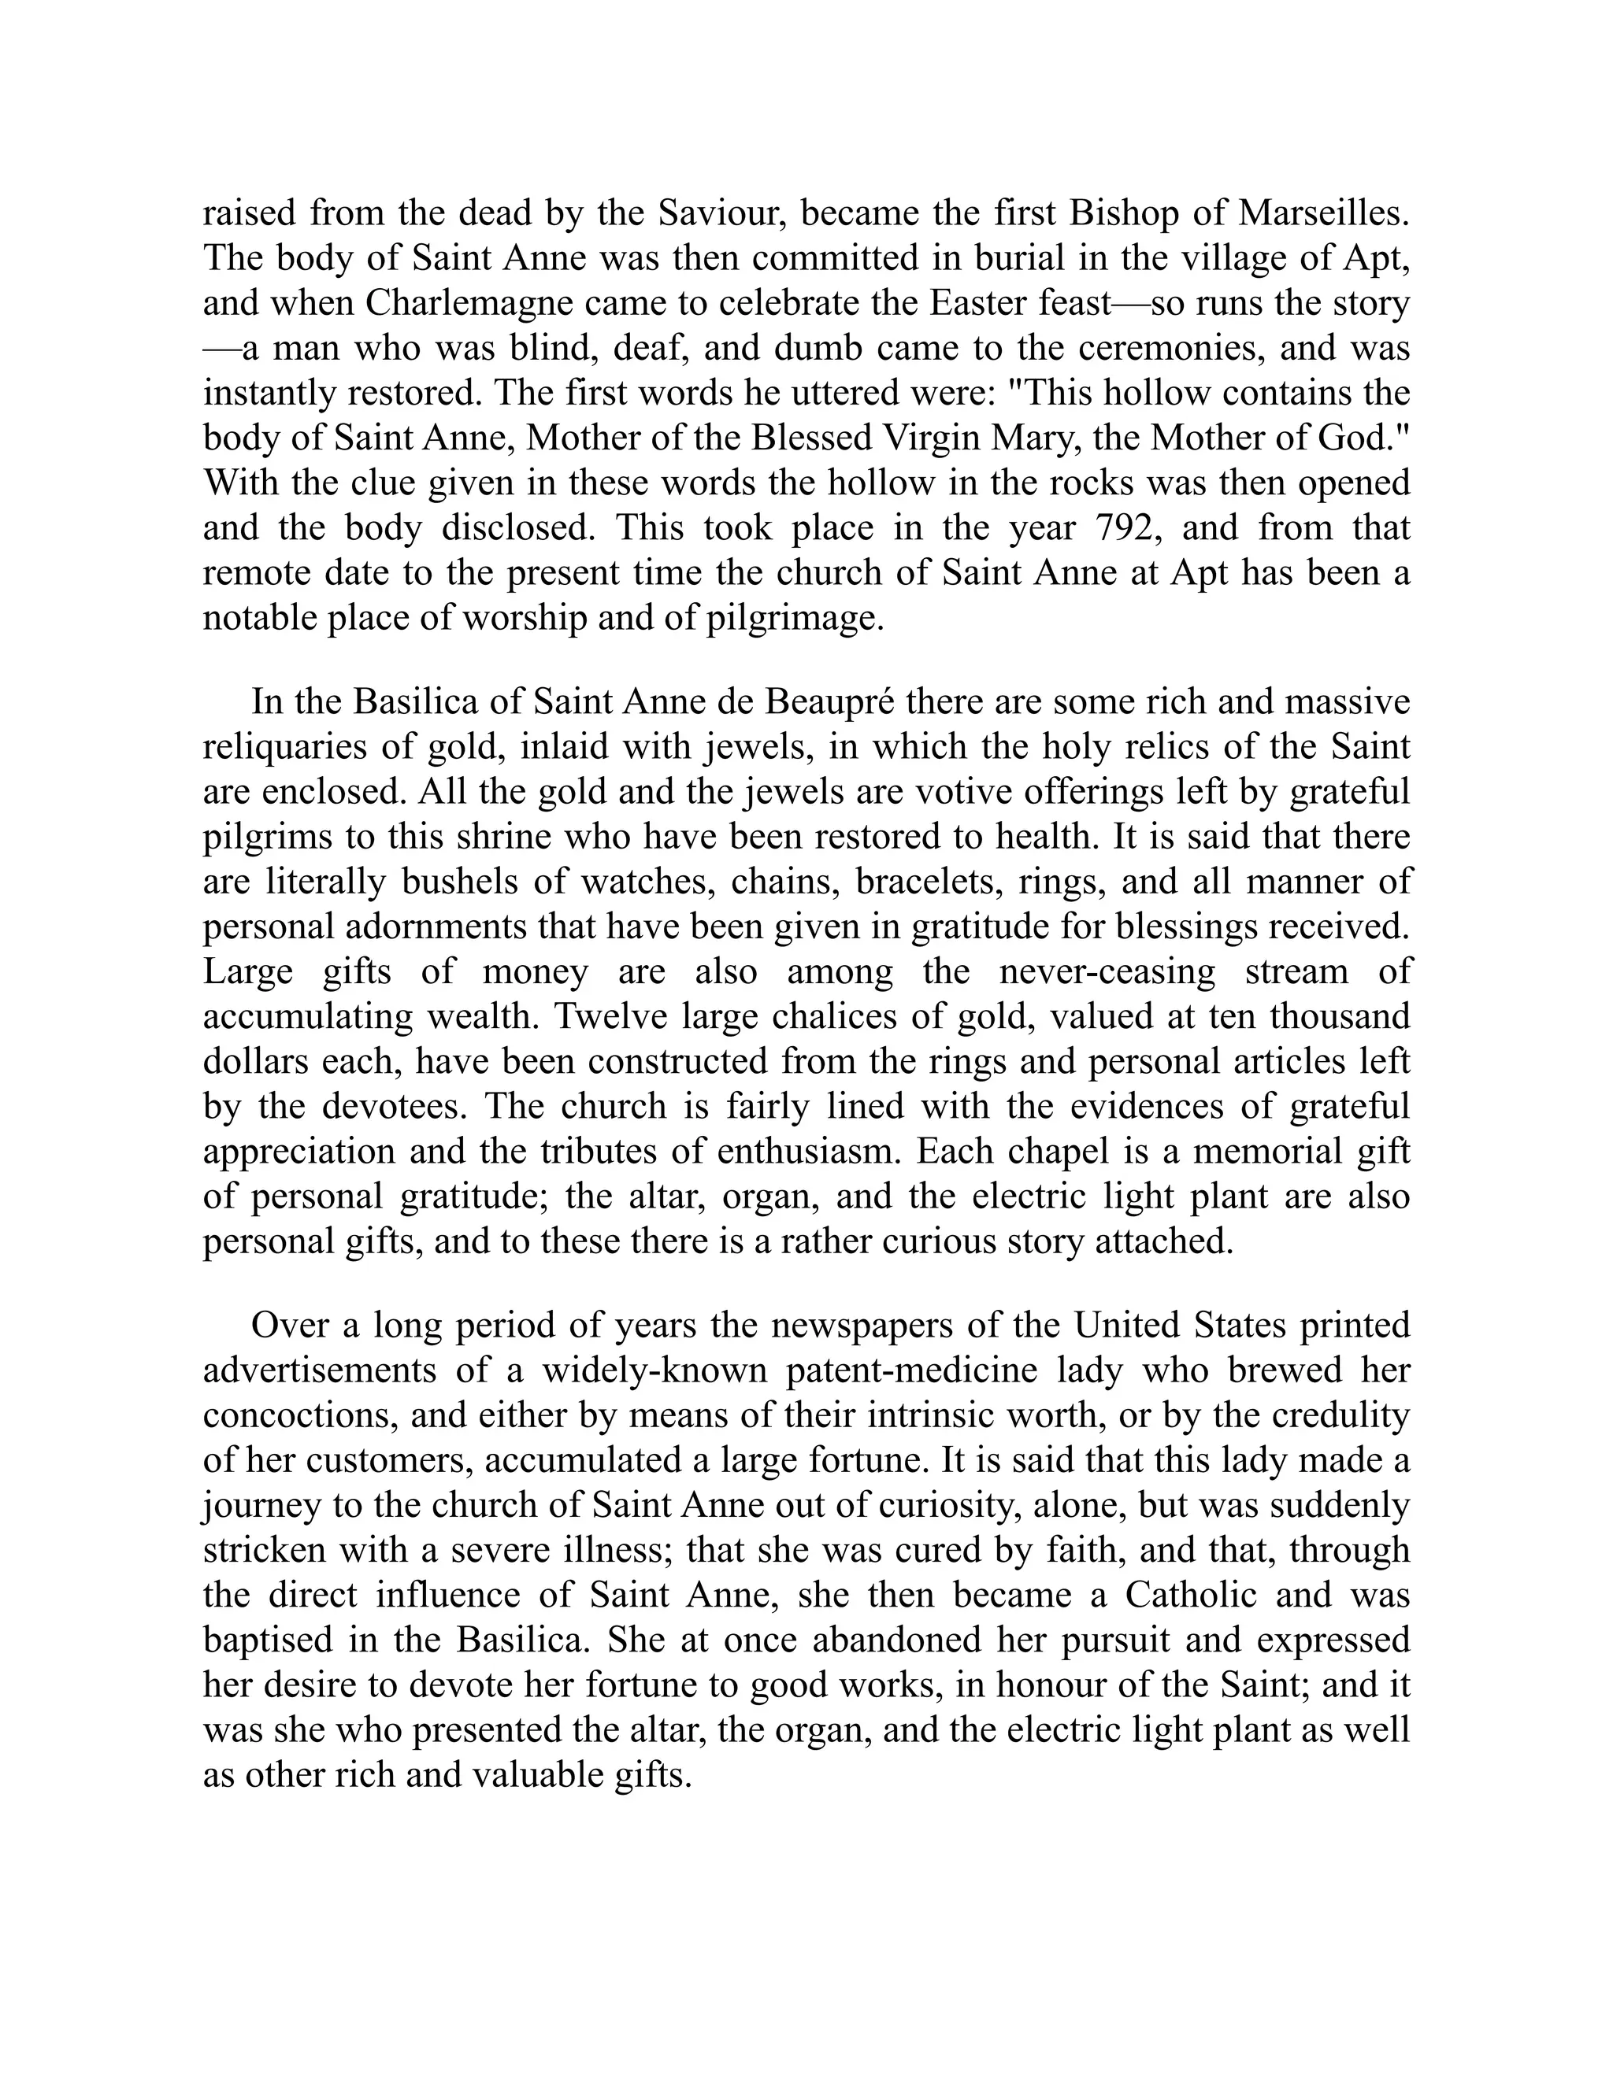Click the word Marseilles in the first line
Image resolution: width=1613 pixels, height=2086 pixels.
pyautogui.click(x=1323, y=213)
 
